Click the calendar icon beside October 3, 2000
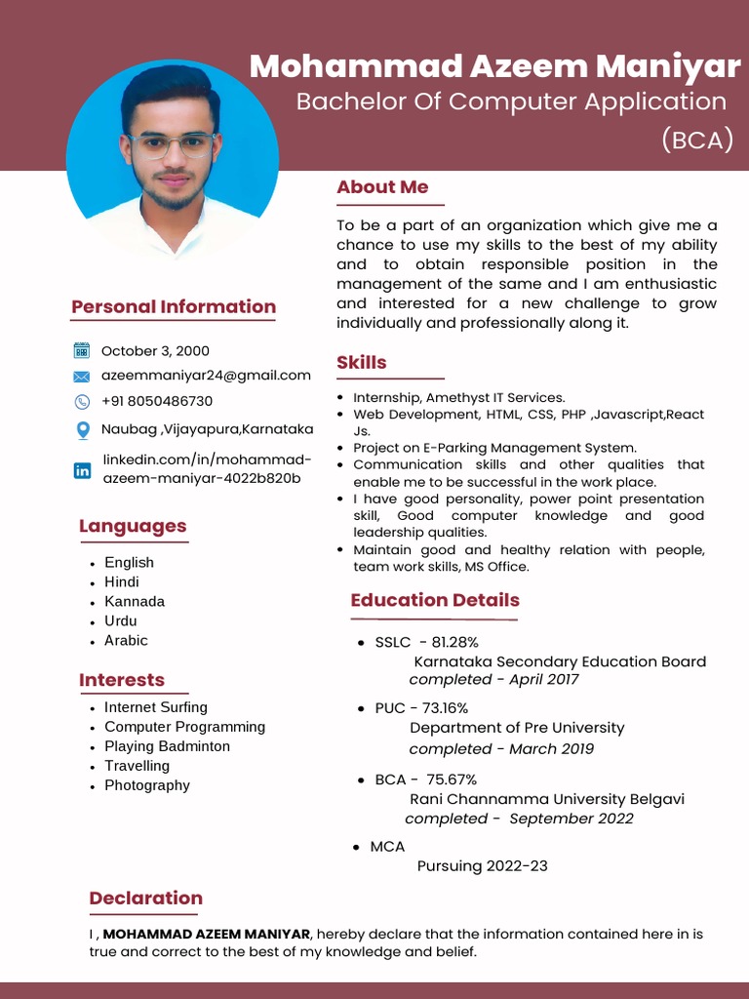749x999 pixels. (x=82, y=351)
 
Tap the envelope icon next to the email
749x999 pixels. (x=82, y=377)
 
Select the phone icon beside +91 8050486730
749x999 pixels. (x=82, y=402)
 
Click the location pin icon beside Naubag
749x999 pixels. (x=82, y=429)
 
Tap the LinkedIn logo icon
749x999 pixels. (x=82, y=470)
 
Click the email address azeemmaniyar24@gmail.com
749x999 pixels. (x=206, y=375)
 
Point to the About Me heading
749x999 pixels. (x=382, y=187)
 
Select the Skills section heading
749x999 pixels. (x=361, y=363)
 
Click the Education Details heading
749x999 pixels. (x=435, y=600)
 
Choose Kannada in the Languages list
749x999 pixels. (x=135, y=601)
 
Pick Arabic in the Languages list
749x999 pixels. (x=126, y=640)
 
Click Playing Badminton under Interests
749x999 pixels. (x=167, y=746)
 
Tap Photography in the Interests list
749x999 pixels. (x=147, y=785)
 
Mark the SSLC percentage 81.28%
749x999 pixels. (x=454, y=642)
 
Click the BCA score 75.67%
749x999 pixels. (x=452, y=779)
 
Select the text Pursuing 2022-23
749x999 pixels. (x=482, y=866)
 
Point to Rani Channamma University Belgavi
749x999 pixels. (x=546, y=799)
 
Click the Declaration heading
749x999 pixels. (x=145, y=899)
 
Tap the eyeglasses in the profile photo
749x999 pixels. (x=172, y=146)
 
